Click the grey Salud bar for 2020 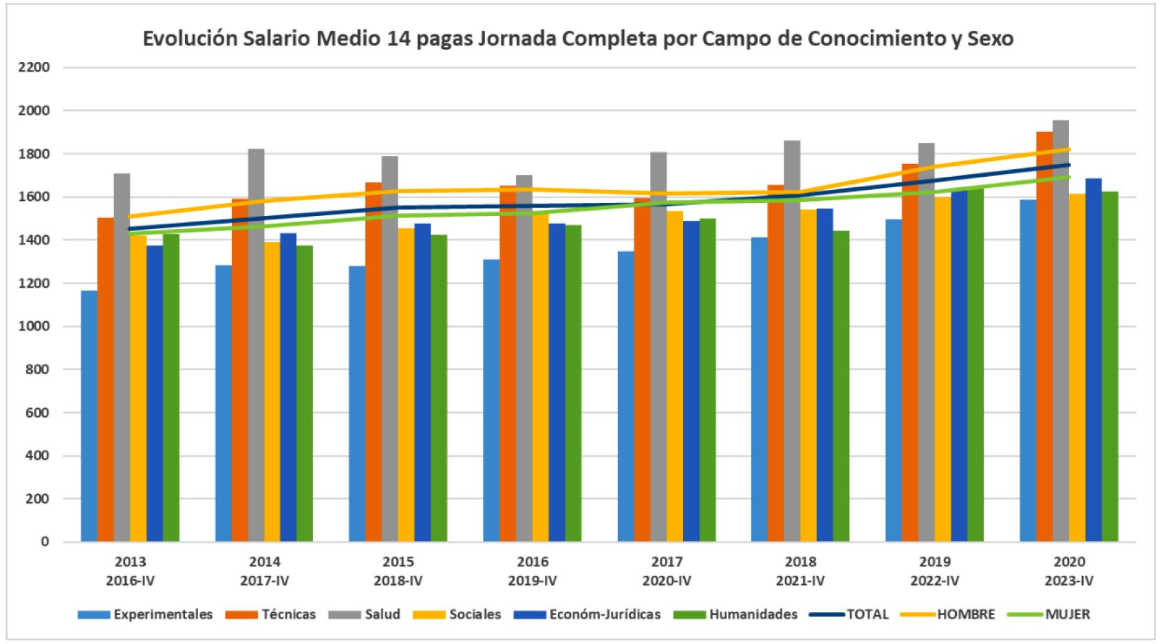(1061, 330)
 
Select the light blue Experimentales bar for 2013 (89, 416)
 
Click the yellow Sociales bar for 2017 (675, 376)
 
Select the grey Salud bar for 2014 (256, 345)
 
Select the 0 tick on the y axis (45, 541)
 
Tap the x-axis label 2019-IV (532, 581)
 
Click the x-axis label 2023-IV (1068, 581)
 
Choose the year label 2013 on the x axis (130, 562)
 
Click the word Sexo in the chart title (990, 39)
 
